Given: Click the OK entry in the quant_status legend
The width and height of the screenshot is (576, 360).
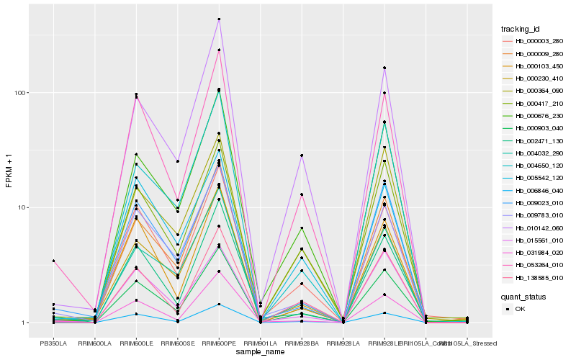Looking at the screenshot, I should click(529, 309).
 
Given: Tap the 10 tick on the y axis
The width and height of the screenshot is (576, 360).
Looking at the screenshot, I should click(22, 207).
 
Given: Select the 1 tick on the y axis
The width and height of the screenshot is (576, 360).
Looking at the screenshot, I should click(24, 323).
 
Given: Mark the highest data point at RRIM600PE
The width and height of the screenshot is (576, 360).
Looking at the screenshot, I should click(219, 19).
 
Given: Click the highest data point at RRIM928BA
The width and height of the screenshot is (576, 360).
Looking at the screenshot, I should click(302, 156).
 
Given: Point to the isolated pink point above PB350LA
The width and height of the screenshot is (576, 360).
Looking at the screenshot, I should click(53, 261).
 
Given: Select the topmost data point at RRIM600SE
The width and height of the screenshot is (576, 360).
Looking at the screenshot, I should click(177, 161).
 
